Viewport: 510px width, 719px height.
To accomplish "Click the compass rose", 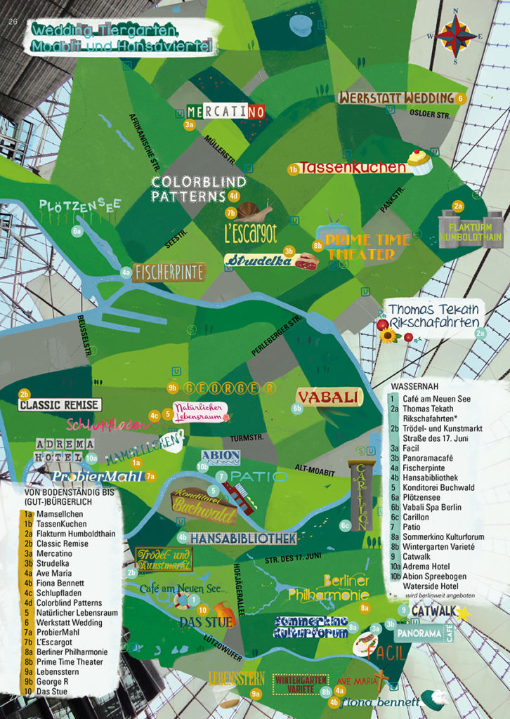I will (x=455, y=37).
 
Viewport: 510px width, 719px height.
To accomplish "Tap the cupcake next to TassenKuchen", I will (x=419, y=162).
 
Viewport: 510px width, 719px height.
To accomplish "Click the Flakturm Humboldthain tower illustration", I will (x=471, y=229).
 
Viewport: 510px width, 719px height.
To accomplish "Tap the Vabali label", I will (x=329, y=397).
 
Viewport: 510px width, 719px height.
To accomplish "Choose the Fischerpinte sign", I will (x=169, y=272).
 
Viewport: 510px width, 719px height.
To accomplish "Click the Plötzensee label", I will (x=80, y=206).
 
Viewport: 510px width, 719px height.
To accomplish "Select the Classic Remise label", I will (x=60, y=405).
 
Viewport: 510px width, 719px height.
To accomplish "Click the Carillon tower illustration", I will (x=360, y=495).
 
